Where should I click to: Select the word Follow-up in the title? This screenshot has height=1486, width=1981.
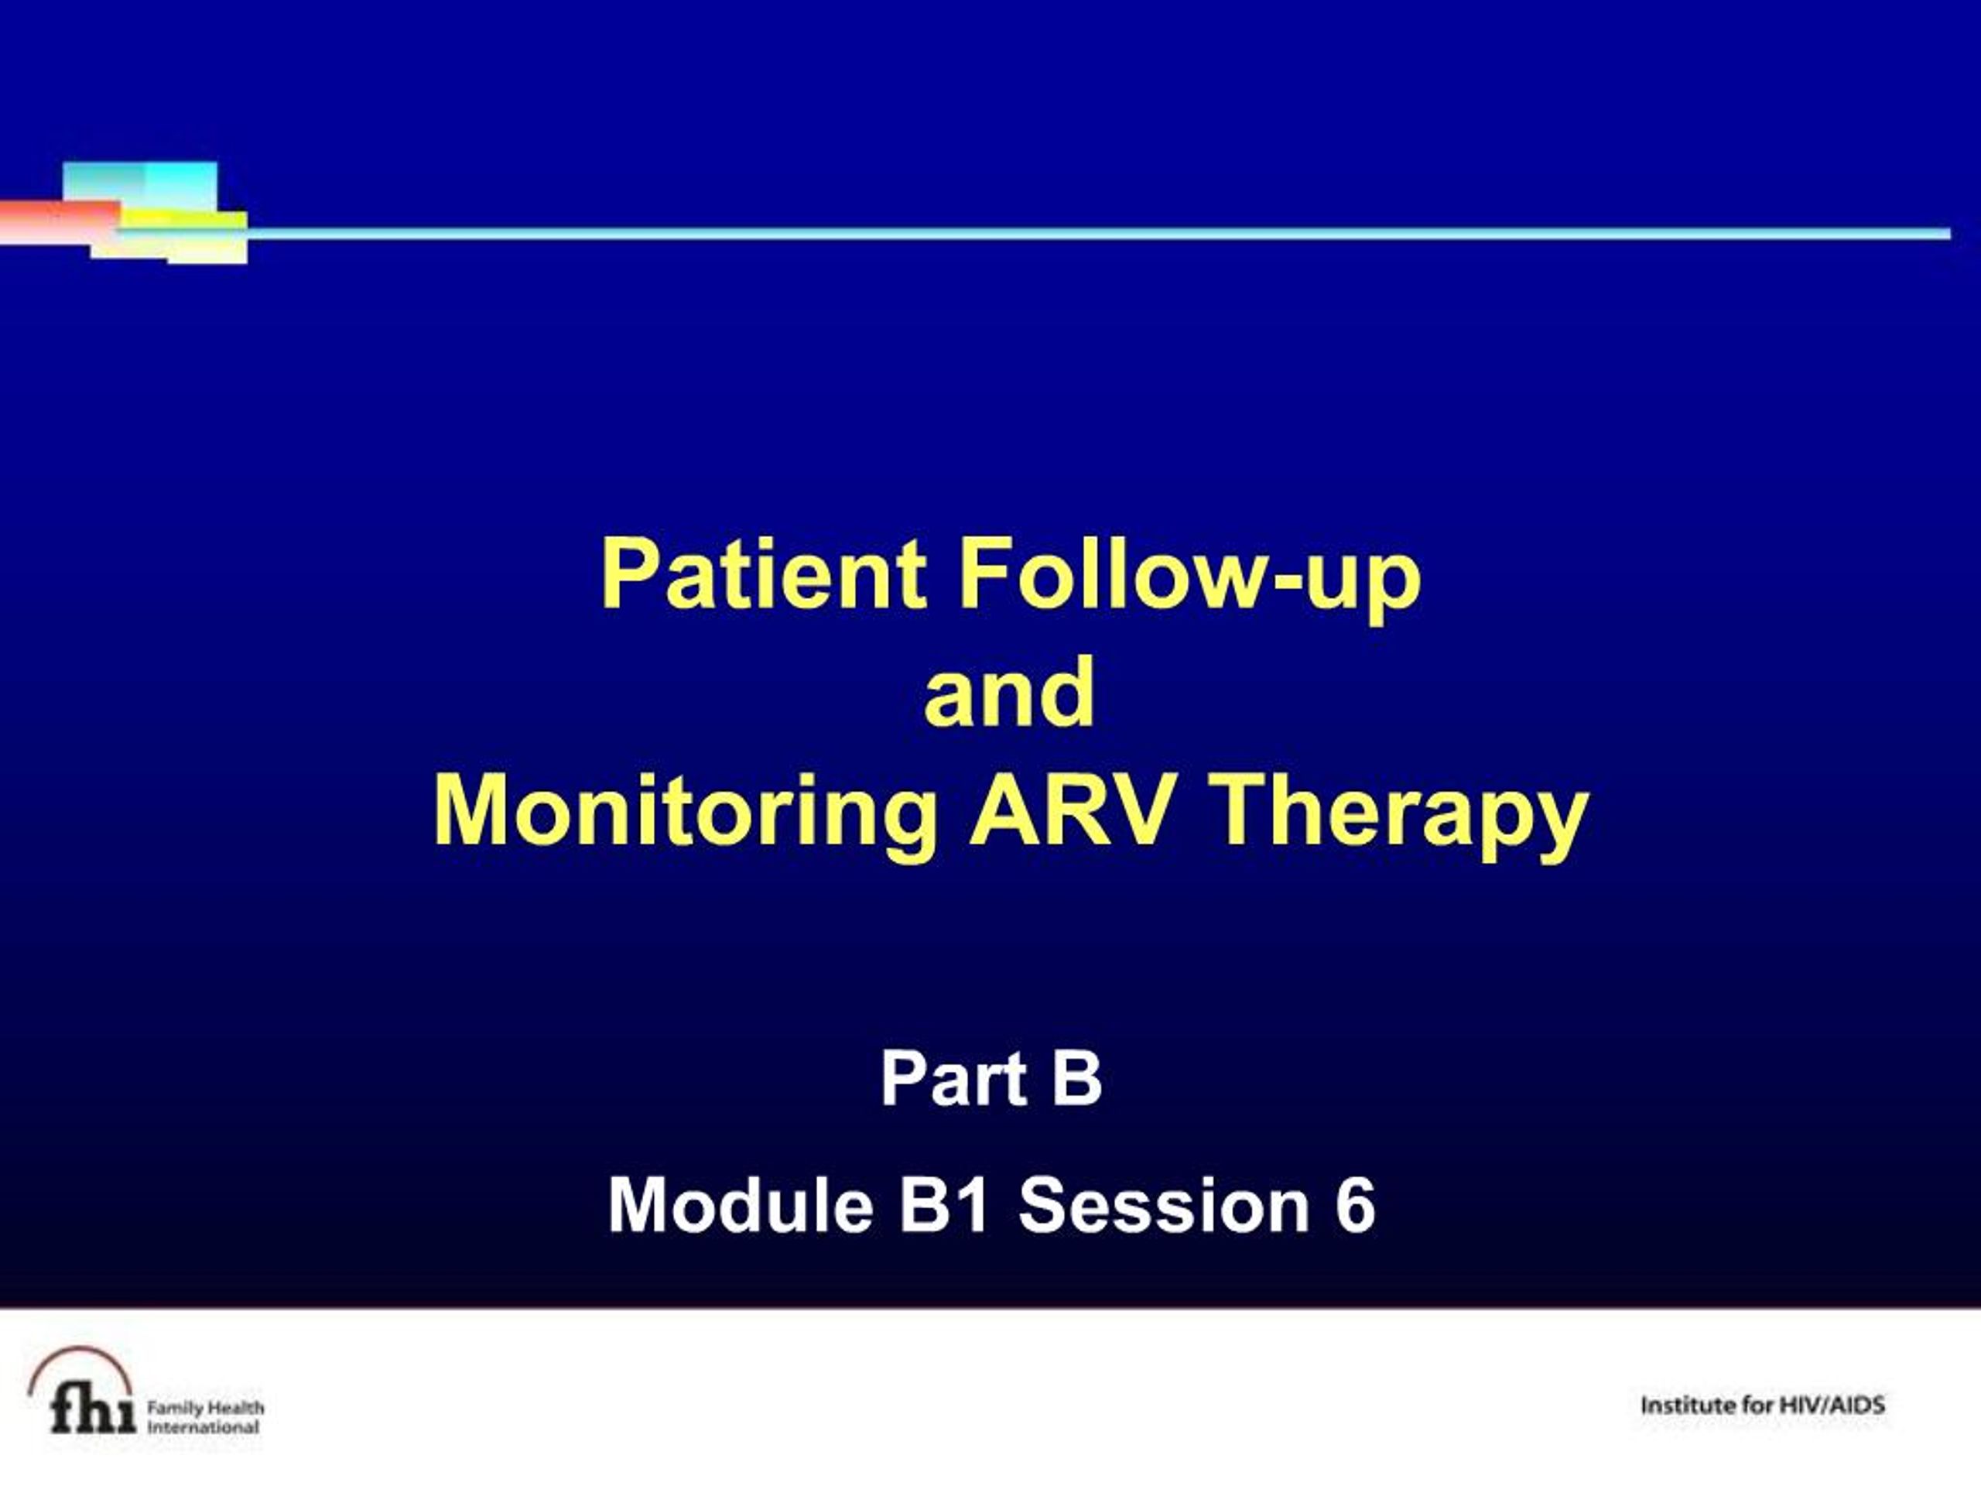1190,580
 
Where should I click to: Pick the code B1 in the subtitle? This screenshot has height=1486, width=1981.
943,1206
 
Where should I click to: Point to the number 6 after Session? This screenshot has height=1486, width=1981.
1356,1206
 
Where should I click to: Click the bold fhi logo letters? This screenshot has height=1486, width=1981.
93,1410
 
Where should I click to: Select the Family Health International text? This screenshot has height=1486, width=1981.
205,1417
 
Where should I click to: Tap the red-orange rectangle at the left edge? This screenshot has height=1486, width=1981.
59,221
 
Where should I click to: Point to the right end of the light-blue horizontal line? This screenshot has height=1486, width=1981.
1949,234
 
